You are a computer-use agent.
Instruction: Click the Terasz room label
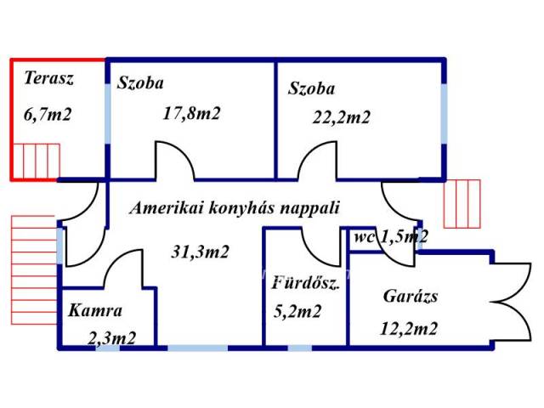[x=49, y=79]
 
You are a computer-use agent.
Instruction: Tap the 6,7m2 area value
[x=48, y=113]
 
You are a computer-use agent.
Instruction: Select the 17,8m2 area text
[x=191, y=113]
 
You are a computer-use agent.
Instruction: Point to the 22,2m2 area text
[x=342, y=117]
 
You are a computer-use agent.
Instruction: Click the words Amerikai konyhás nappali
[x=235, y=207]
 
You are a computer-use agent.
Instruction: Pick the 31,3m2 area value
[x=201, y=251]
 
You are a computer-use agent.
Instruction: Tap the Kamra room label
[x=96, y=310]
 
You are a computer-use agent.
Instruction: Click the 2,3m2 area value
[x=112, y=337]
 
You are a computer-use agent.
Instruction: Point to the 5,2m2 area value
[x=297, y=311]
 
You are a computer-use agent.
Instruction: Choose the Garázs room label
[x=411, y=297]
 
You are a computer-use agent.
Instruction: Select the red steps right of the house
[x=462, y=203]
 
